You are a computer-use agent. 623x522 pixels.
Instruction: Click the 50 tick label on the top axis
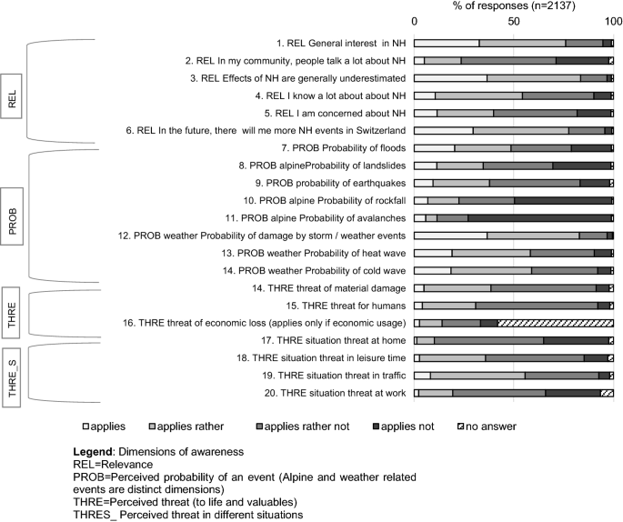(x=514, y=21)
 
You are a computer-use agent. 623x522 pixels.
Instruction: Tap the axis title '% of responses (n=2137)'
(x=513, y=6)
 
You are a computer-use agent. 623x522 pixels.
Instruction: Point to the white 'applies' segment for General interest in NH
(x=447, y=43)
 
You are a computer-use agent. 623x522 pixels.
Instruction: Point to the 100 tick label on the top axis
(x=614, y=21)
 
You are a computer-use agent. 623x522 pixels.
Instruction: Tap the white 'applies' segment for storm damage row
(x=450, y=235)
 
